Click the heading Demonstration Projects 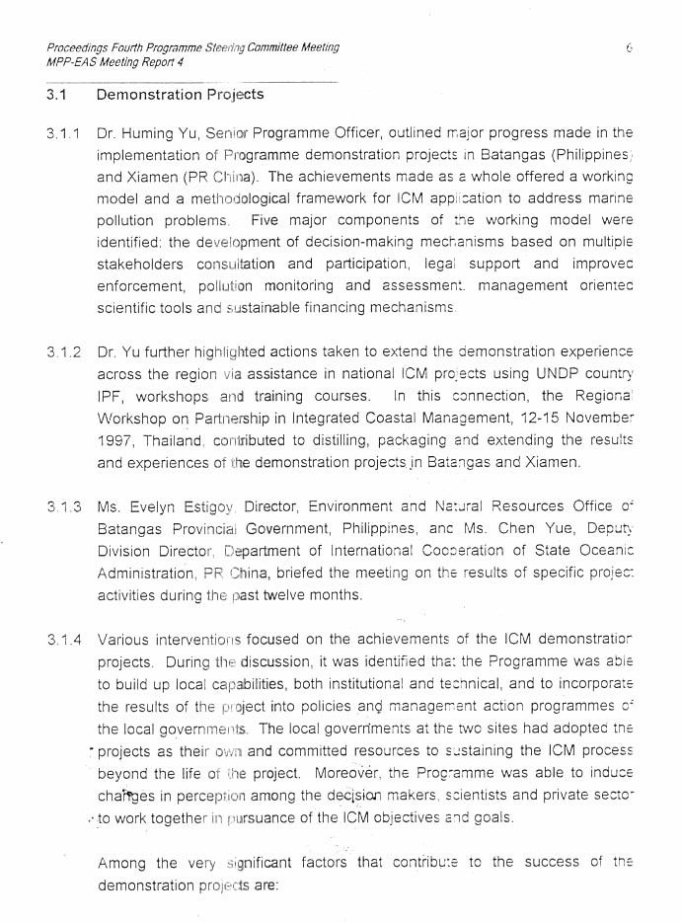(x=181, y=96)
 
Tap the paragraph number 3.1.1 (x=62, y=133)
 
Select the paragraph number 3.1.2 (x=62, y=352)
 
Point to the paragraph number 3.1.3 (x=62, y=507)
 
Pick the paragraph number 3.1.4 (x=62, y=641)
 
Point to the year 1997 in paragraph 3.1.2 (x=115, y=441)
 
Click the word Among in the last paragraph (x=121, y=864)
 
